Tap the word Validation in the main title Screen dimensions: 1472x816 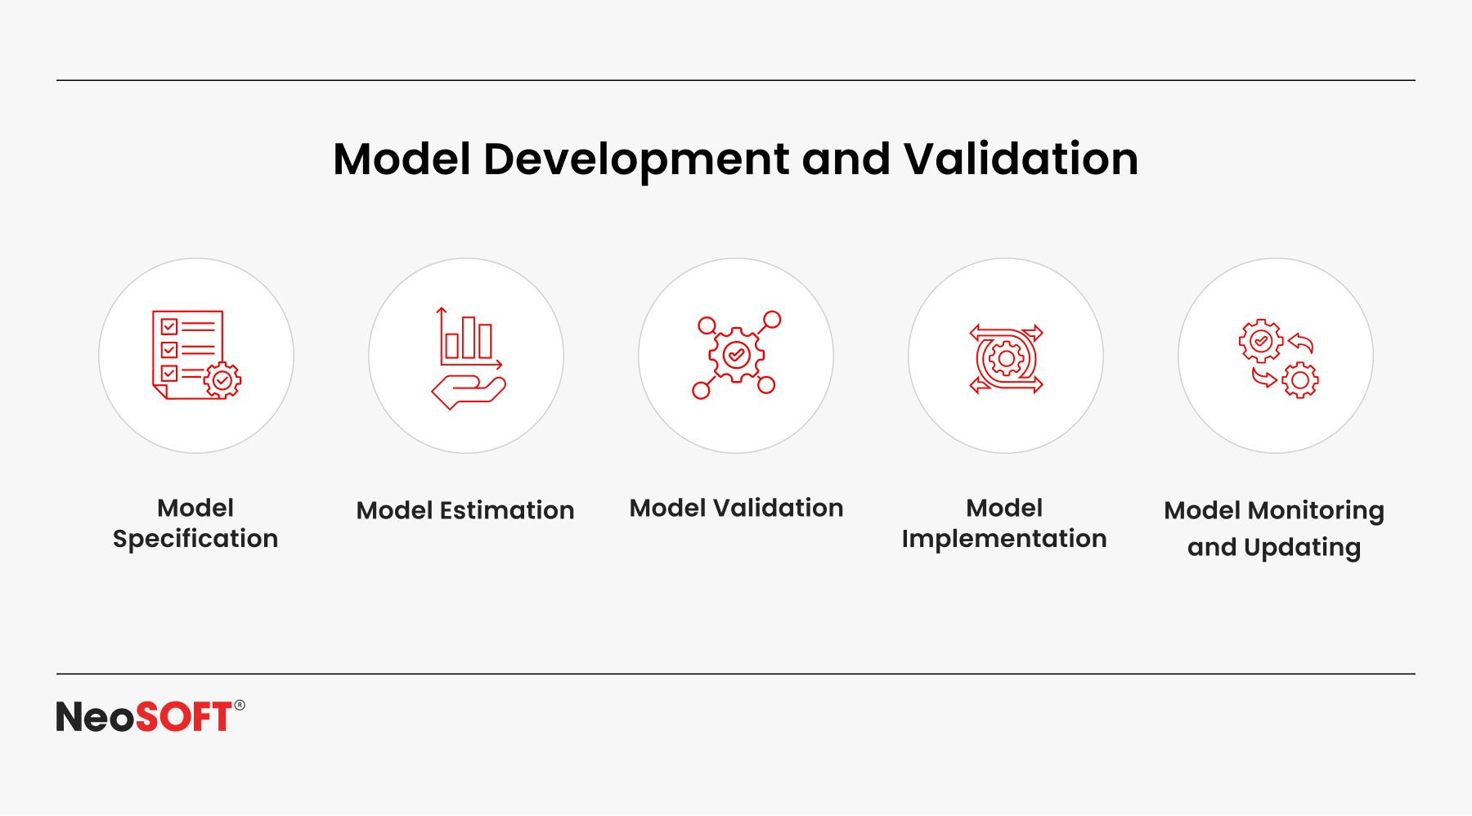(x=1021, y=159)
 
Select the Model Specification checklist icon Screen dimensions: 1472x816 (x=196, y=355)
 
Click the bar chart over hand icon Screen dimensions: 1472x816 (x=468, y=357)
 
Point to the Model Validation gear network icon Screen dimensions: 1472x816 (x=736, y=355)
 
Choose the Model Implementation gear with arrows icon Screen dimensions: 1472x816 (x=1006, y=358)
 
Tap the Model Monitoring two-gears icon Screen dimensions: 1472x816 (x=1278, y=358)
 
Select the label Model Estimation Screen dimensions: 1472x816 (x=465, y=510)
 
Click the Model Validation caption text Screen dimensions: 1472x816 (x=736, y=508)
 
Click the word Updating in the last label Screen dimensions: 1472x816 (x=1302, y=548)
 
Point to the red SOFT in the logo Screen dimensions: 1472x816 (x=184, y=717)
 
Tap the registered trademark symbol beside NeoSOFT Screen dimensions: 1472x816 (x=240, y=705)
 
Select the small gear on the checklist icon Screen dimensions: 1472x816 (x=222, y=380)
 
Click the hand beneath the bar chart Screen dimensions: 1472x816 (x=469, y=392)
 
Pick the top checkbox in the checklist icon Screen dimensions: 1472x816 (x=169, y=327)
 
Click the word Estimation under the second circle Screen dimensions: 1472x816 (x=507, y=510)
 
